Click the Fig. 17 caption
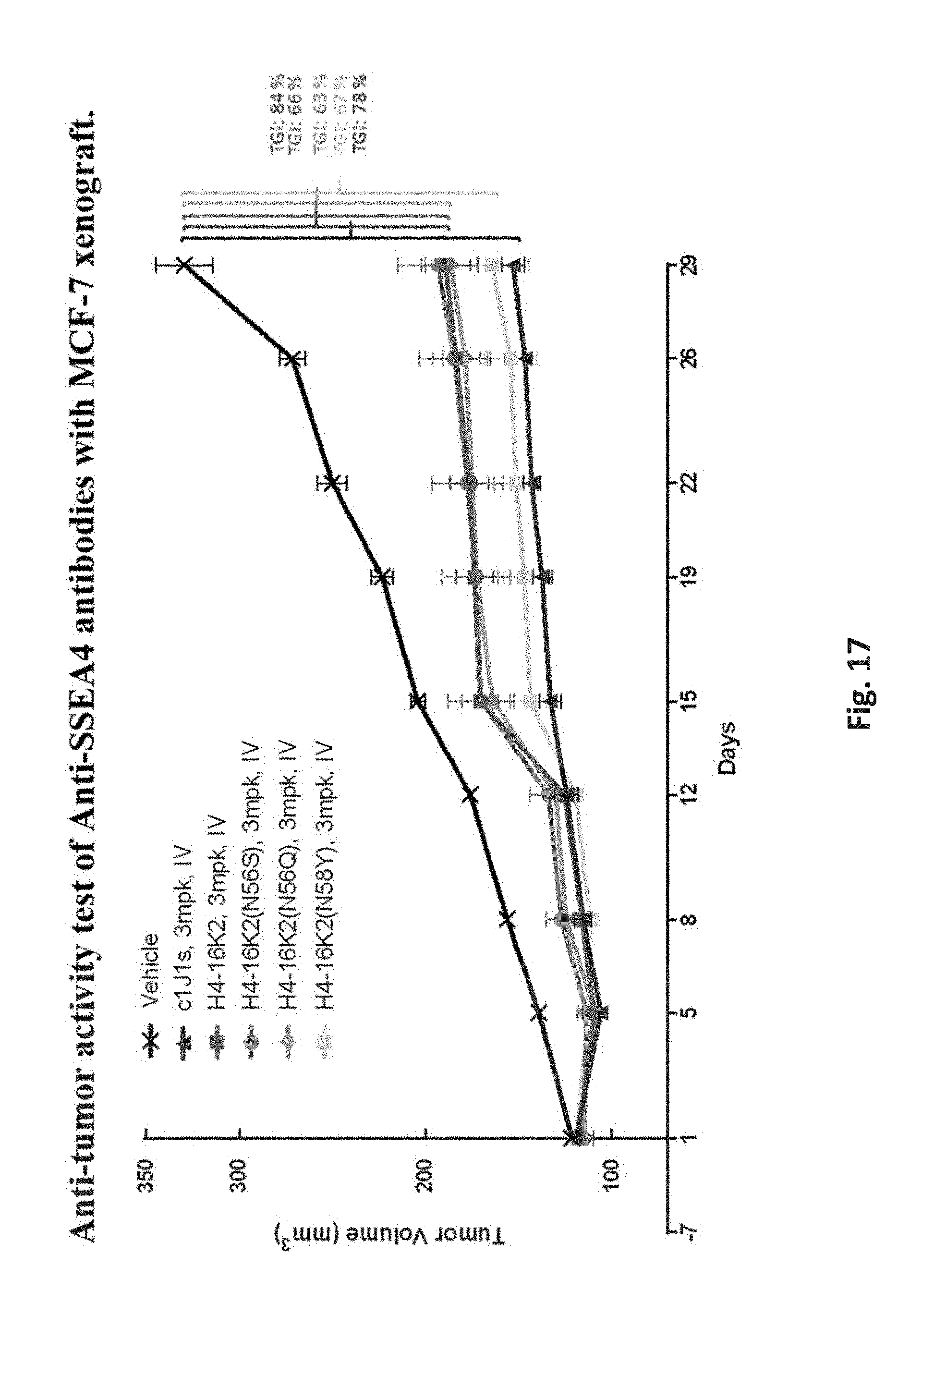tap(858, 684)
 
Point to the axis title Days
tap(727, 748)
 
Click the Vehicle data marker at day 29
tap(183, 265)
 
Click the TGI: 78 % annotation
tap(360, 112)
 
